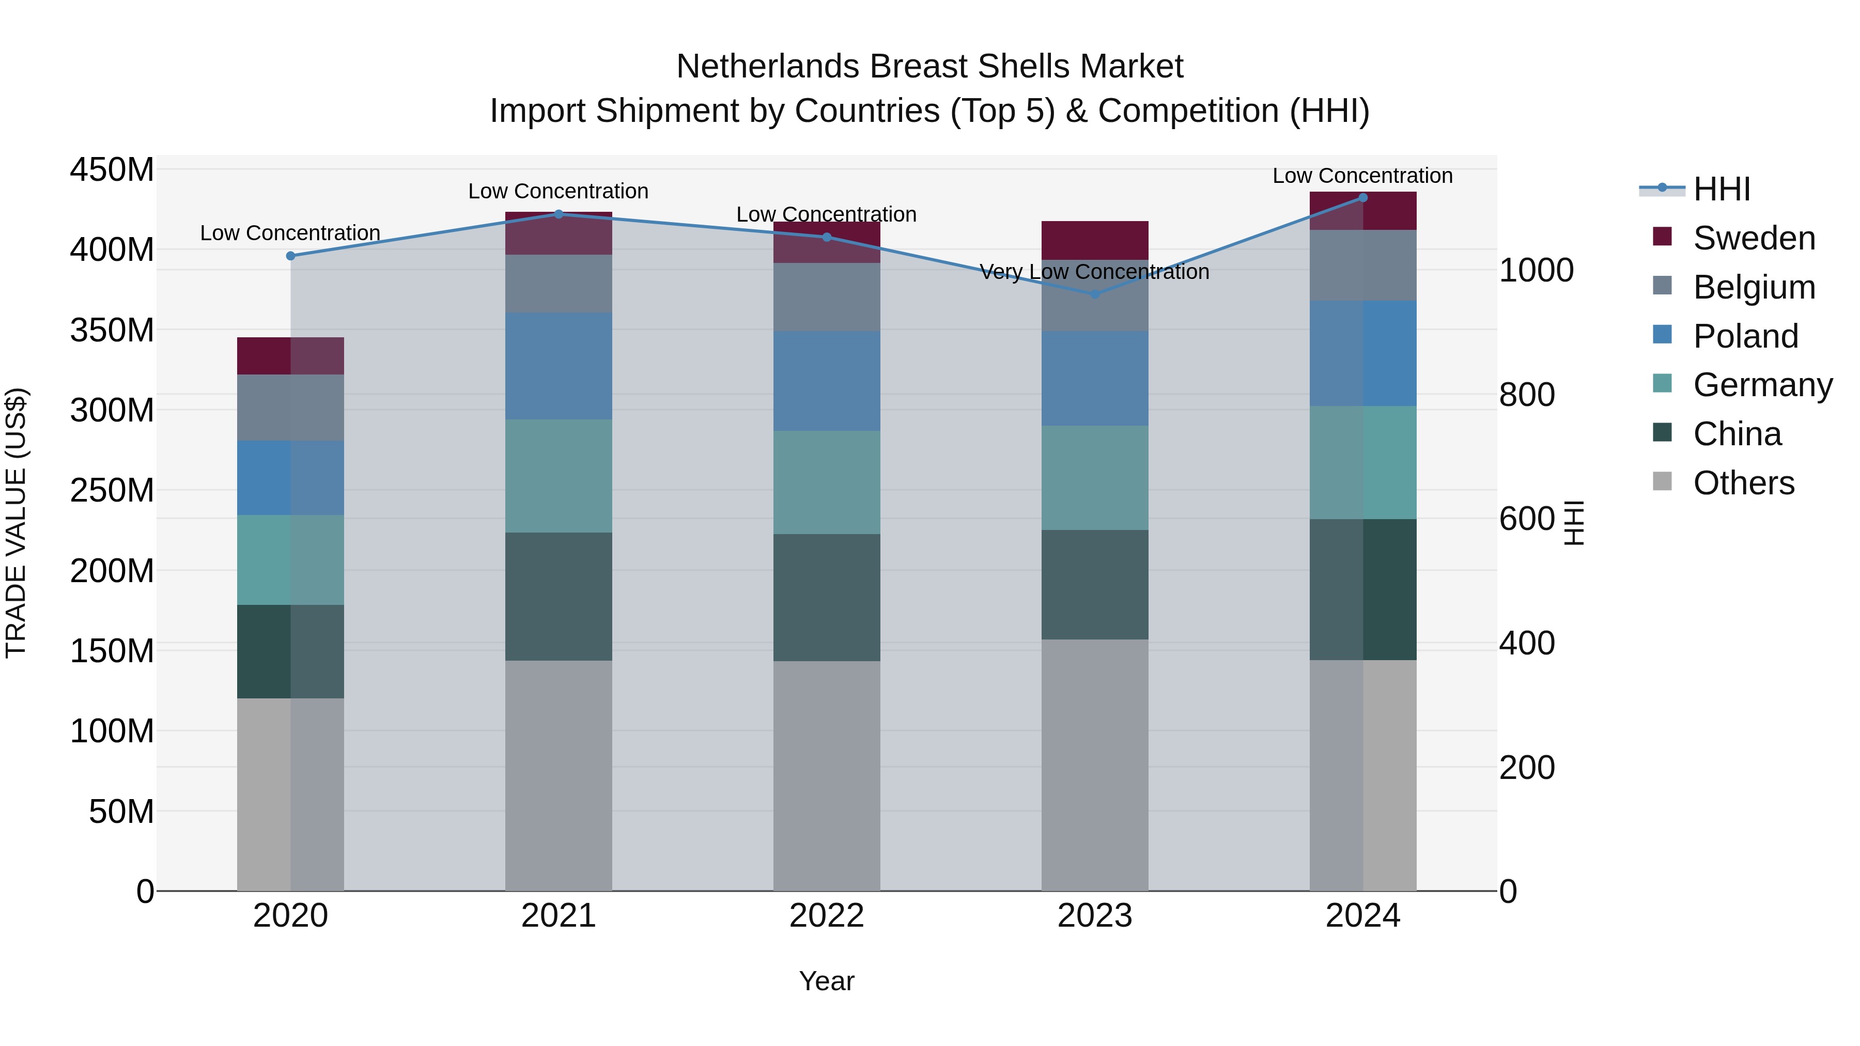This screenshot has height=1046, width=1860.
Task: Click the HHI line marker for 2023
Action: point(1095,294)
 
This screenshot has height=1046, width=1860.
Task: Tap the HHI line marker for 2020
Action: point(291,256)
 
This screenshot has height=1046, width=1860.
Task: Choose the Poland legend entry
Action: point(1745,336)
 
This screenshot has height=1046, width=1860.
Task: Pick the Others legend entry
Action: point(1743,483)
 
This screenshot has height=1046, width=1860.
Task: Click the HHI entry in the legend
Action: point(1722,189)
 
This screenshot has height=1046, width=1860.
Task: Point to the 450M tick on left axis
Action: point(112,170)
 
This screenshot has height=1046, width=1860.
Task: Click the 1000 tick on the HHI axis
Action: point(1537,271)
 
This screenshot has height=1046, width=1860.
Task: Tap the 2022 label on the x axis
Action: point(826,916)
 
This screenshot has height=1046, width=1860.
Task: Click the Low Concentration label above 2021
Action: point(558,191)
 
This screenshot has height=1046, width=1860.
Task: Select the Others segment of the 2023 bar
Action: point(1095,764)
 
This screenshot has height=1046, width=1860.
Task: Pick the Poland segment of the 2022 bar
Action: point(826,381)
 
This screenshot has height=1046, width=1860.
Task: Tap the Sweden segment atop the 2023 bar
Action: point(1095,240)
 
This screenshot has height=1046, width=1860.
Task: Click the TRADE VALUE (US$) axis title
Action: point(16,523)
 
